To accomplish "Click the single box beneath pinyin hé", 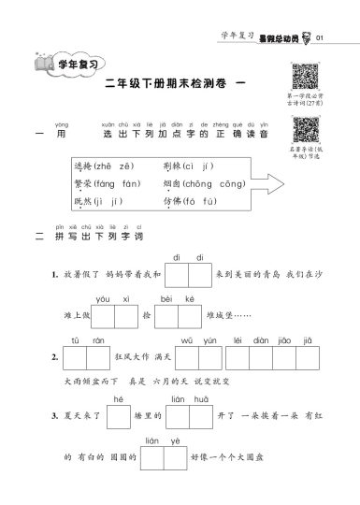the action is [118, 416].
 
